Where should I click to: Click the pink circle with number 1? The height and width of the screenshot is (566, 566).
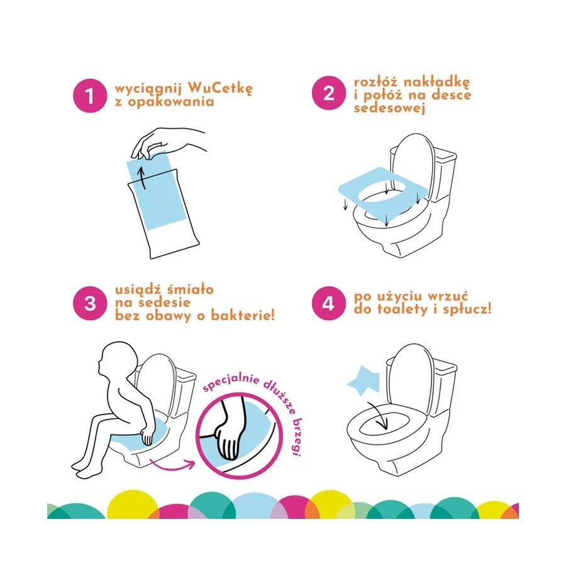coord(90,96)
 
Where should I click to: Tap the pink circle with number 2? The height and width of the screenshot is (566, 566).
coord(329,93)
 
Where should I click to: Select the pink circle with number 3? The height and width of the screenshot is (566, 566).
coord(90,303)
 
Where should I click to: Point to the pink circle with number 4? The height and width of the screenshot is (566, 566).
coord(328,303)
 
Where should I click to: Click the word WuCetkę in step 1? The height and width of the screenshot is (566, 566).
coord(220,89)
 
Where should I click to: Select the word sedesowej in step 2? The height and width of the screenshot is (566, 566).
coord(389,108)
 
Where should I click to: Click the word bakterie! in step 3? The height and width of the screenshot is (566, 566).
coord(243,316)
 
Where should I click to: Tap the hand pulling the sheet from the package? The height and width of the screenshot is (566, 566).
coord(166,143)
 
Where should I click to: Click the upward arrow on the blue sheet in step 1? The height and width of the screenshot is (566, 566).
coord(143,177)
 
